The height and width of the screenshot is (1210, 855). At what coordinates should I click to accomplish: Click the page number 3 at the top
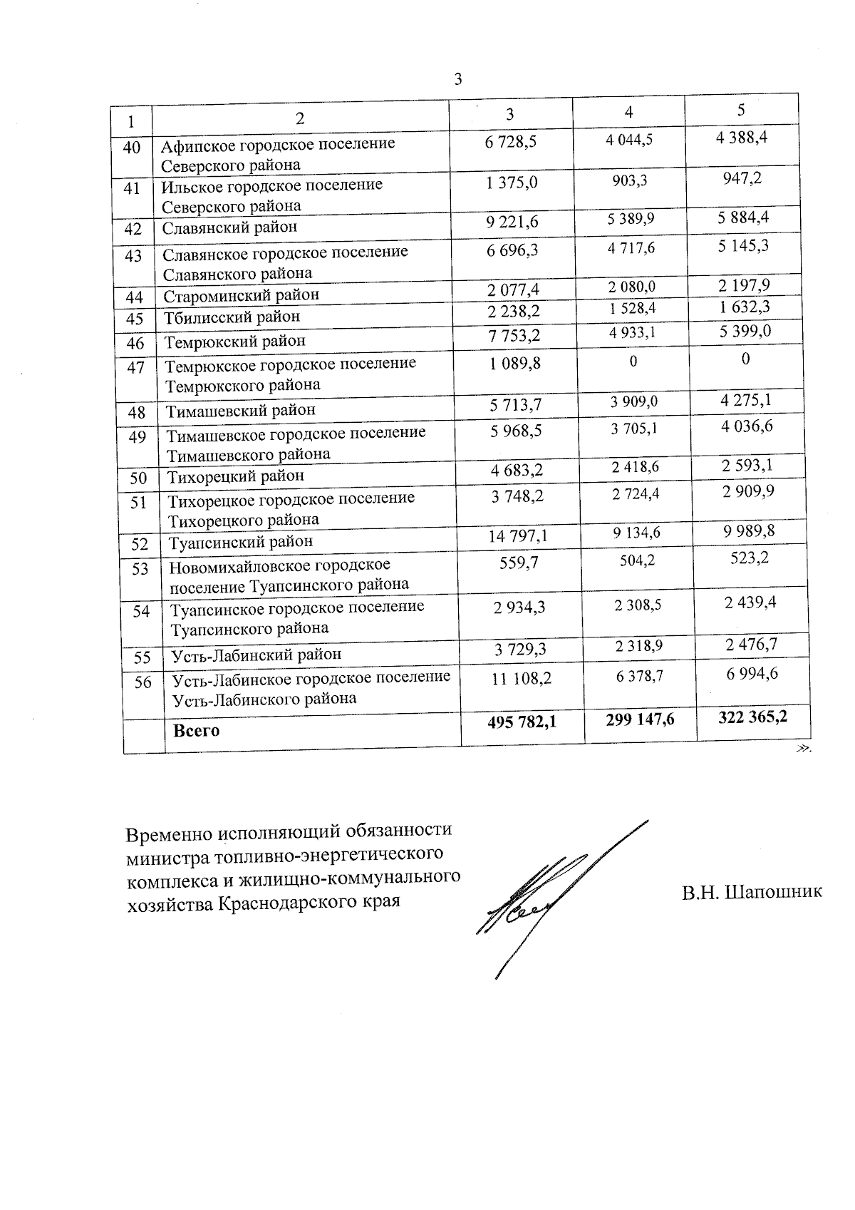(458, 79)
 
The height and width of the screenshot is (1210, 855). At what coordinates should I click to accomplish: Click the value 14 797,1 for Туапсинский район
(518, 535)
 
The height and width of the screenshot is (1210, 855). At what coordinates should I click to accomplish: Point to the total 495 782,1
(522, 722)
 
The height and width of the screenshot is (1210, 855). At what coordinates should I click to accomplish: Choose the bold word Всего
(197, 730)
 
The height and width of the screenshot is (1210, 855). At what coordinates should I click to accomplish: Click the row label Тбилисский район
(232, 317)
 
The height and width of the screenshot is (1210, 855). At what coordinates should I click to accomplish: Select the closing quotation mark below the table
(804, 748)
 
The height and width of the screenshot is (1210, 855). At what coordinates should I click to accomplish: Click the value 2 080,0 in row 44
(631, 287)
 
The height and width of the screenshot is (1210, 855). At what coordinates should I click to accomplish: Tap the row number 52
(140, 545)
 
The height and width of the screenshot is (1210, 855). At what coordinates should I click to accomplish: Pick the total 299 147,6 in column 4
(640, 719)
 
